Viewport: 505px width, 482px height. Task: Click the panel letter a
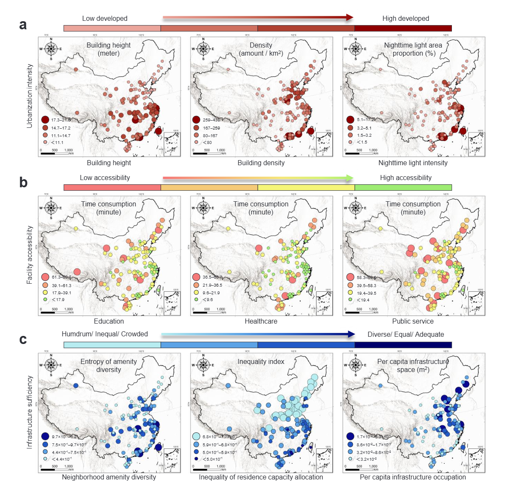point(23,25)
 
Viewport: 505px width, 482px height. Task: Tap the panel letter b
point(23,182)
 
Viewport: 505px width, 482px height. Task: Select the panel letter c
point(23,339)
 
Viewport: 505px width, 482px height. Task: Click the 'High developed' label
point(406,18)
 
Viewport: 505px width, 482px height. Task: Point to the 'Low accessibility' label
point(105,178)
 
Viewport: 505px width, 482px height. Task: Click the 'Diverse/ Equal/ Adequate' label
point(406,334)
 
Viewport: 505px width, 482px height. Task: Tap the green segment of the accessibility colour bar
point(403,187)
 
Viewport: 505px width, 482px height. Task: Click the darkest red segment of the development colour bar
point(403,28)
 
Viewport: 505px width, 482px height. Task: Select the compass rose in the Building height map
point(51,48)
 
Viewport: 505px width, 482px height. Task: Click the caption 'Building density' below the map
point(261,163)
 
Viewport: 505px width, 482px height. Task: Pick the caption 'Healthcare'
point(261,321)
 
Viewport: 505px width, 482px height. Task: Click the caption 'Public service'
point(413,321)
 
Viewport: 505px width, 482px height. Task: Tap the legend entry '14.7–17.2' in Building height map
point(61,128)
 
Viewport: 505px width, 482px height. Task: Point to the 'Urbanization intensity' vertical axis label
point(29,96)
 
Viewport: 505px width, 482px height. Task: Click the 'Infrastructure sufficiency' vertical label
point(29,412)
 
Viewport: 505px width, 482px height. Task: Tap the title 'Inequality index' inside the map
point(261,361)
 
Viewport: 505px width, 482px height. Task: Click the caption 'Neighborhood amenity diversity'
point(109,477)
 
